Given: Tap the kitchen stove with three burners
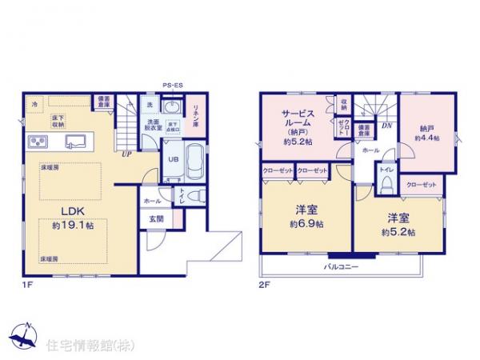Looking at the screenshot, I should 37,142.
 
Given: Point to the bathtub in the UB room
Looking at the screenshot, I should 194,162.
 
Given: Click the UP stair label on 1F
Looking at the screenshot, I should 127,154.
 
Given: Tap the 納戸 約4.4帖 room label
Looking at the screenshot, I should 425,132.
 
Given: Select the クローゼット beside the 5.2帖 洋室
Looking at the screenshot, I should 421,185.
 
